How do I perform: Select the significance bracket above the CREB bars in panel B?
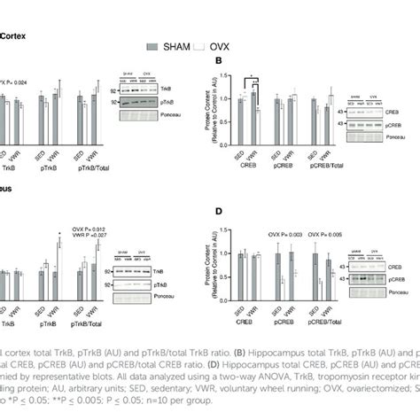pyautogui.click(x=251, y=76)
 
